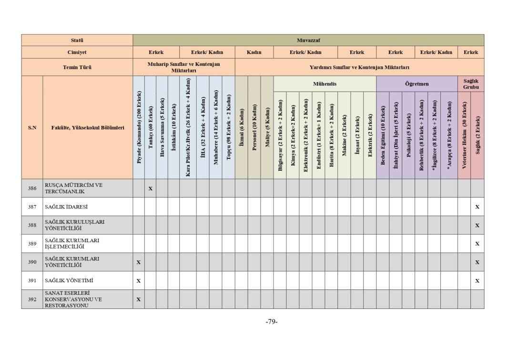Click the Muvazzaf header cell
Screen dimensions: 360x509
tap(308, 41)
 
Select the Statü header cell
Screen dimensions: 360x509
tap(77, 41)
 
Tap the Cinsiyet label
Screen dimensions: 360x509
tap(77, 52)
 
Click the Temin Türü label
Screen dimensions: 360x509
tap(77, 67)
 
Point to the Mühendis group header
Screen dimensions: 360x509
tap(325, 84)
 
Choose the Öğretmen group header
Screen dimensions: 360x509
tap(417, 84)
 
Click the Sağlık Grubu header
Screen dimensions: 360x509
tap(470, 84)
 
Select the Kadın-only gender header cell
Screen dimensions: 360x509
tap(254, 52)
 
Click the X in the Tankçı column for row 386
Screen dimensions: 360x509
tap(150, 188)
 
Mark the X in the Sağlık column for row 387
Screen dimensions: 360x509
tap(477, 207)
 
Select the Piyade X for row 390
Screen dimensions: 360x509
tap(139, 262)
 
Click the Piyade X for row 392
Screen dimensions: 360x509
tap(139, 299)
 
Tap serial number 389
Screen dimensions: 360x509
tap(32, 244)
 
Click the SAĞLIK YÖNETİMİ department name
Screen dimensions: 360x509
tap(69, 281)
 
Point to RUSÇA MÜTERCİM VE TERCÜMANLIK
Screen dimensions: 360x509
tap(73, 188)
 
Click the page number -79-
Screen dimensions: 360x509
tap(272, 322)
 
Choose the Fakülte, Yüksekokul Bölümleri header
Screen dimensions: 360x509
tap(88, 128)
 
